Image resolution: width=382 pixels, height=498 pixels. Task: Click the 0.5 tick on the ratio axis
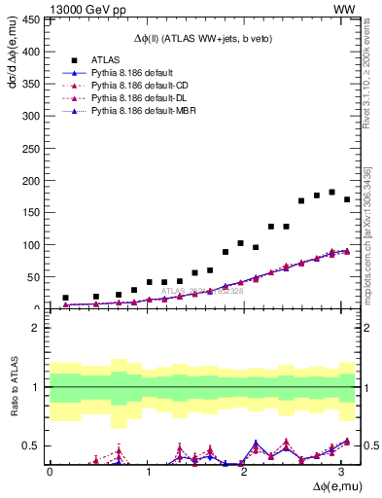34,445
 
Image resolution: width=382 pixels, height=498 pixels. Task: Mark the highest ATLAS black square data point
331,193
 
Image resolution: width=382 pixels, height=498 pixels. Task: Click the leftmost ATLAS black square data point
65,298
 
